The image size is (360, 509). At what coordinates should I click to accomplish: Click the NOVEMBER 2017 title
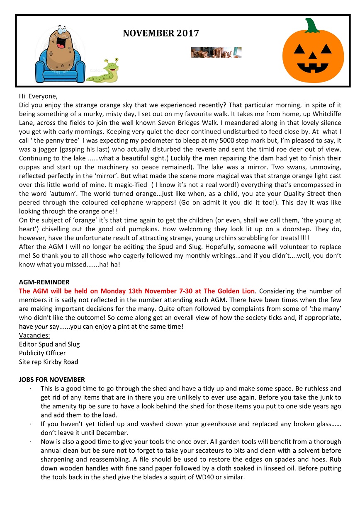coord(161,34)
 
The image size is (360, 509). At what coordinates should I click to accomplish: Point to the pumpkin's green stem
coord(312,26)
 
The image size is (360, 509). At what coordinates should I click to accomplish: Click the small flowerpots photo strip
coord(216,53)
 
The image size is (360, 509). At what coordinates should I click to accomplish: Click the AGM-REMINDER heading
coord(44,282)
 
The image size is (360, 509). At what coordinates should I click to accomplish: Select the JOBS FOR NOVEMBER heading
coord(52,379)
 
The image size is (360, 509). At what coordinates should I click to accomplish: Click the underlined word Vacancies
coord(34,335)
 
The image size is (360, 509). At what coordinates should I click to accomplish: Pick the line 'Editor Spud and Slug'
coord(49,344)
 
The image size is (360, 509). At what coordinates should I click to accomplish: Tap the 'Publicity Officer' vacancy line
coord(42,353)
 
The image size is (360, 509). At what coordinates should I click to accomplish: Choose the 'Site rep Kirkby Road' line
coord(49,362)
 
